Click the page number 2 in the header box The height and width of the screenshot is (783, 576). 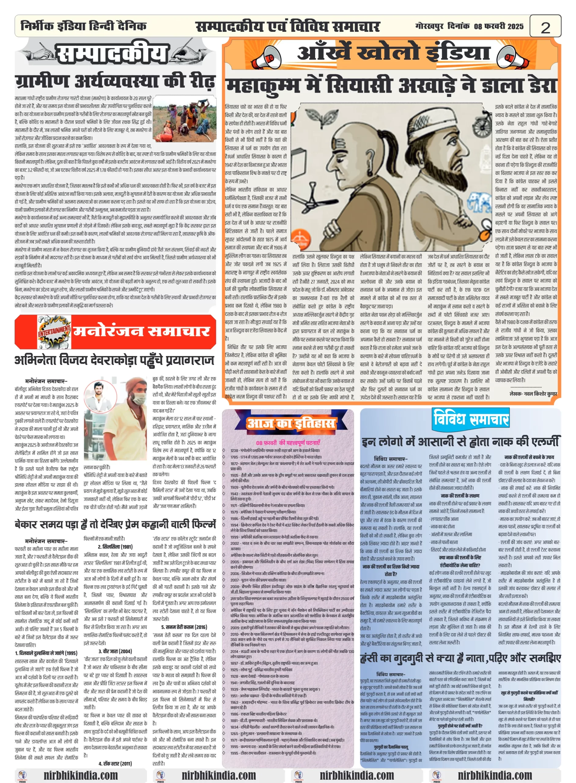point(545,27)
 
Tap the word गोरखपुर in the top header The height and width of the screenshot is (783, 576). point(429,26)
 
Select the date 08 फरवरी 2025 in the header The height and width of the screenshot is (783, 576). point(499,26)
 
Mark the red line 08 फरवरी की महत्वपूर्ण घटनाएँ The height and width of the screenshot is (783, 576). point(288,443)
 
